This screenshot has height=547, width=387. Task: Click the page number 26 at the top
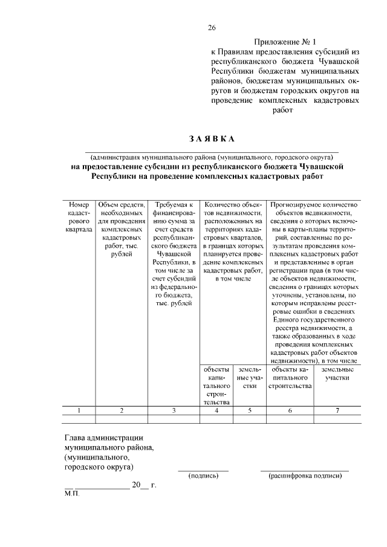(x=211, y=27)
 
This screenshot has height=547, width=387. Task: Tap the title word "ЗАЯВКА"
(x=211, y=138)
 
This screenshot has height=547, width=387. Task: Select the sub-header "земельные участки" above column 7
(x=337, y=372)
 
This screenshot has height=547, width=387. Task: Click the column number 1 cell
(x=79, y=410)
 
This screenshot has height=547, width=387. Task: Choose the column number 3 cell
(x=174, y=410)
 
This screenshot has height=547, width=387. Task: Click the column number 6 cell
(x=290, y=410)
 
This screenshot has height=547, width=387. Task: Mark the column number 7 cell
(x=337, y=410)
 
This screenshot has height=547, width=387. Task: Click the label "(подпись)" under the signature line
(x=203, y=476)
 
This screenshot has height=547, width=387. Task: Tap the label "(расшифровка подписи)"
(x=305, y=476)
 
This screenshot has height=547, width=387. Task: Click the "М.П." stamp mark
(x=71, y=494)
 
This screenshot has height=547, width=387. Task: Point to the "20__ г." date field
(x=144, y=485)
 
